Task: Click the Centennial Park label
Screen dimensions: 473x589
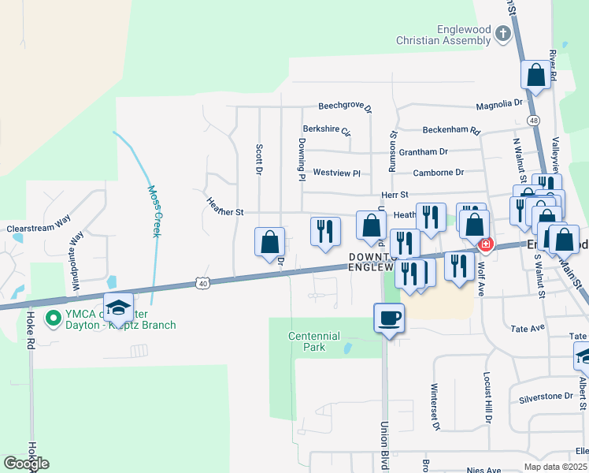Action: coord(306,341)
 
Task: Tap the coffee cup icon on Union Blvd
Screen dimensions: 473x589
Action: coord(389,318)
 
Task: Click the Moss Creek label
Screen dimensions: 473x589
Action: coord(156,211)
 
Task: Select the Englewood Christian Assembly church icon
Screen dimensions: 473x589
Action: coord(503,35)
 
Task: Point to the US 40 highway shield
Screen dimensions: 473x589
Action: coord(203,282)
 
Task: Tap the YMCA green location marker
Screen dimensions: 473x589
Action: coord(54,318)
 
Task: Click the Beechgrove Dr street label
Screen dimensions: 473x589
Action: coord(344,106)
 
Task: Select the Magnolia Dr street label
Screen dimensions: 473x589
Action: coord(499,103)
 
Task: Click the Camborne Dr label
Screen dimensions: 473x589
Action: coord(438,172)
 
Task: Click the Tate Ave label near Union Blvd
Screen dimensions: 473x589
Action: coord(528,328)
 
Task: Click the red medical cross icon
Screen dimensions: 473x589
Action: coord(486,245)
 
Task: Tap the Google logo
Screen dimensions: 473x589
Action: coord(26,464)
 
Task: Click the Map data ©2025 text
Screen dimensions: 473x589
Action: coord(555,467)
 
